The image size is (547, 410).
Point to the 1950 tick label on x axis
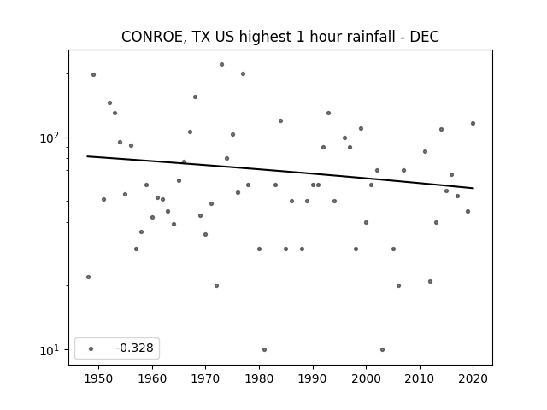[99, 378]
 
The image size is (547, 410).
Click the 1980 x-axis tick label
[259, 378]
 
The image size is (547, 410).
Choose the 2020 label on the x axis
[473, 378]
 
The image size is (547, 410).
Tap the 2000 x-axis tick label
[366, 378]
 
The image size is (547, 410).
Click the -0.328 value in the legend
[134, 348]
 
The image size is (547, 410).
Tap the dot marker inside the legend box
[91, 348]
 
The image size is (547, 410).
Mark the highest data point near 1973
[221, 65]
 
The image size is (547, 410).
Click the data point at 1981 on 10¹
[264, 349]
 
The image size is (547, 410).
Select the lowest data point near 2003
[382, 349]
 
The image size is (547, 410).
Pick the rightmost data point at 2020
[473, 123]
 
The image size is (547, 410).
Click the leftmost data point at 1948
[88, 277]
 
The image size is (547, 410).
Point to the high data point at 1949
[93, 74]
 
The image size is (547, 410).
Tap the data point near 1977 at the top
[243, 74]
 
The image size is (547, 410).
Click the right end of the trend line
[473, 188]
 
